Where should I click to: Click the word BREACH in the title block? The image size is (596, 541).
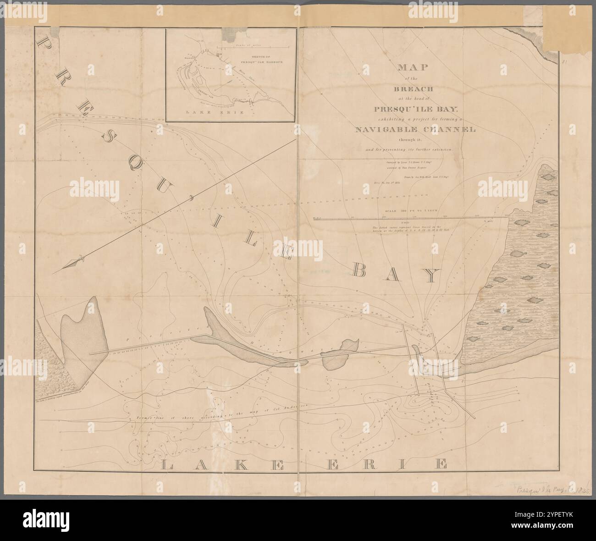[x=413, y=88]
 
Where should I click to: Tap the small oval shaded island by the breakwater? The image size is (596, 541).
[x=339, y=353]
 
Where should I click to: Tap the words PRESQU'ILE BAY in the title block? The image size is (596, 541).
[x=413, y=109]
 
